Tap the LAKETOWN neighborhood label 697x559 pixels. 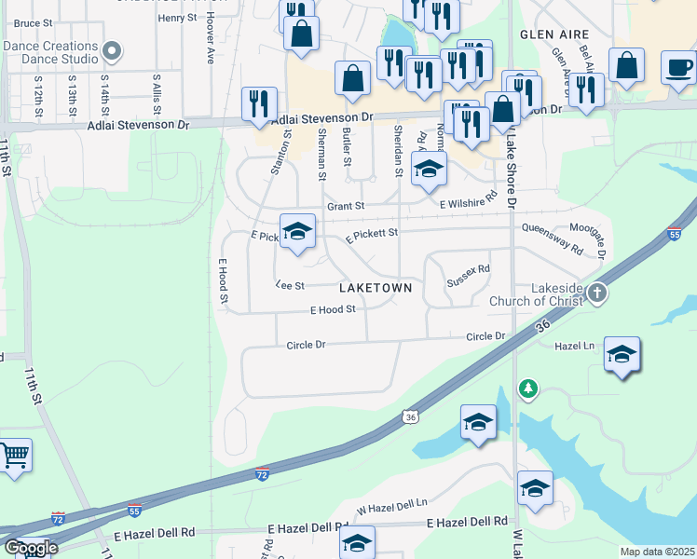[x=376, y=288]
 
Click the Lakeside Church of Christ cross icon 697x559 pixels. [x=597, y=293]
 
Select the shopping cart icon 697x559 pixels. [x=13, y=456]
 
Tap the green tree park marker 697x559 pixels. [x=528, y=388]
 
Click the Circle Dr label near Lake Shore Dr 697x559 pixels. [x=485, y=336]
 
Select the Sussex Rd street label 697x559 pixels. [x=468, y=275]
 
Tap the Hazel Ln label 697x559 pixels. [x=574, y=346]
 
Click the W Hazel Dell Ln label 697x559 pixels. [x=391, y=506]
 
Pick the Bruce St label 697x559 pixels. [x=34, y=22]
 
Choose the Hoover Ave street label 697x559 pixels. [x=211, y=44]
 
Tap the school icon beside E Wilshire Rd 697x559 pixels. [x=429, y=169]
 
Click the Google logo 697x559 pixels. [x=30, y=548]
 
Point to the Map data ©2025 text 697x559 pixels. [x=657, y=552]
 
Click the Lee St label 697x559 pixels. [x=291, y=286]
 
